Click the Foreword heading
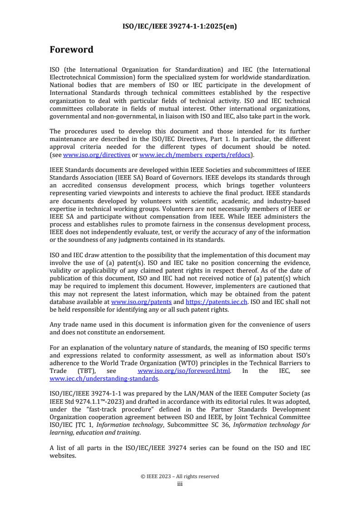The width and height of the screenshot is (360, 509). (71, 49)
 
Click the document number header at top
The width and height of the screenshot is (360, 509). (180, 26)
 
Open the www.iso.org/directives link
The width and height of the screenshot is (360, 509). (97, 155)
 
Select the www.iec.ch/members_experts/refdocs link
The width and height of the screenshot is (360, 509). (197, 155)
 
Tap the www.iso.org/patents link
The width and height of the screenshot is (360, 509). (141, 302)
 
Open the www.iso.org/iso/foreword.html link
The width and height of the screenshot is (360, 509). (184, 371)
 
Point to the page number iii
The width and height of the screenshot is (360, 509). (180, 484)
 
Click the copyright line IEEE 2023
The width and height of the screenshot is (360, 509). (180, 476)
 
